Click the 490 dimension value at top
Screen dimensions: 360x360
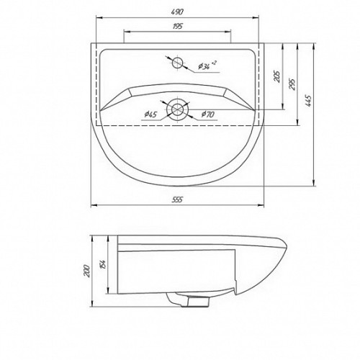pos(177,12)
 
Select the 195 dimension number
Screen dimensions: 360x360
pos(177,26)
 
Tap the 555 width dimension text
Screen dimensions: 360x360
pos(177,199)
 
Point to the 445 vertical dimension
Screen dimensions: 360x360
pos(308,101)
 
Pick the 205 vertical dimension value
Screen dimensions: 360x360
pos(277,76)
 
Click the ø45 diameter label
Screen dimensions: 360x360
pos(150,114)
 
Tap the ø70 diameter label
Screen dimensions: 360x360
pos(208,114)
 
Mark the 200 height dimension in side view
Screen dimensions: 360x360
pos(87,271)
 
